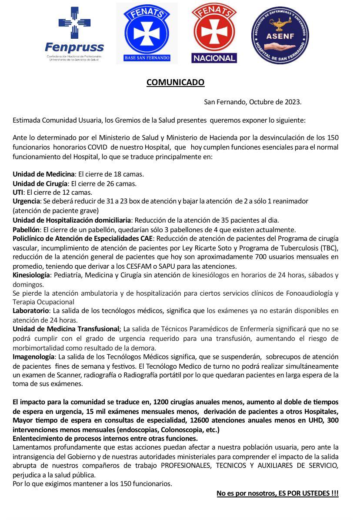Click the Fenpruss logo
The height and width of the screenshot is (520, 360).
(x=74, y=34)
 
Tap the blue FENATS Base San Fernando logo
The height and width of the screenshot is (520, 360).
(x=147, y=33)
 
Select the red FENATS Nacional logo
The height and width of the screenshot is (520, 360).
(x=214, y=33)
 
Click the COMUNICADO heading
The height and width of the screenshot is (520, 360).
(x=175, y=82)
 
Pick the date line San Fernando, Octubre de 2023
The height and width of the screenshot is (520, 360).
(x=253, y=102)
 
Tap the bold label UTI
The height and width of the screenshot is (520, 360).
(x=17, y=192)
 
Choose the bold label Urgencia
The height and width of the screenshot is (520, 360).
(x=27, y=201)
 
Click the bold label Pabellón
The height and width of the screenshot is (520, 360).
(x=26, y=230)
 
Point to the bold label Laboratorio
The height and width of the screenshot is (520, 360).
(x=30, y=310)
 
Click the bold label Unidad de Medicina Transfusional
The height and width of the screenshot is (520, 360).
(x=66, y=328)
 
